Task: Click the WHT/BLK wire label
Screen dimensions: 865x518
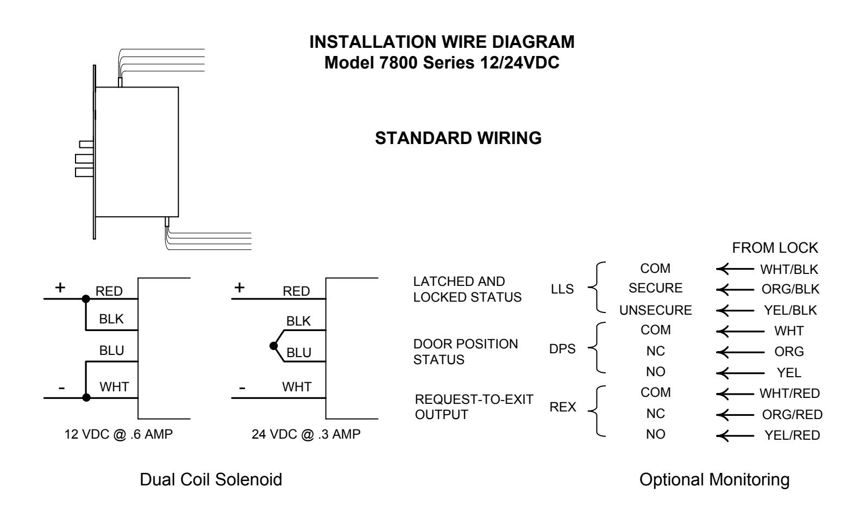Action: pyautogui.click(x=789, y=269)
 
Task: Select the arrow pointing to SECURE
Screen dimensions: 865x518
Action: pyautogui.click(x=735, y=290)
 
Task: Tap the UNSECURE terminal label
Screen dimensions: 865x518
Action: pyautogui.click(x=655, y=310)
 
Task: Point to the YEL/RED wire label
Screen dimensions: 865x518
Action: pyautogui.click(x=792, y=435)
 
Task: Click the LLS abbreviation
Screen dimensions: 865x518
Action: pyautogui.click(x=562, y=289)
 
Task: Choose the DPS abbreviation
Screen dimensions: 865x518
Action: pyautogui.click(x=562, y=349)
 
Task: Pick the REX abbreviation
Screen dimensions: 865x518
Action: pyautogui.click(x=563, y=407)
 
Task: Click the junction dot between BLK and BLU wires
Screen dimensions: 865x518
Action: pyautogui.click(x=274, y=346)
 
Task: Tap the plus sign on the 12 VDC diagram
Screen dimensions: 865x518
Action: pyautogui.click(x=60, y=288)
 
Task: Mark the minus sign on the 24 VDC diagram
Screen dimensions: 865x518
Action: pyautogui.click(x=242, y=388)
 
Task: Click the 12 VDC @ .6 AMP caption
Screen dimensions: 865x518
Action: pyautogui.click(x=118, y=434)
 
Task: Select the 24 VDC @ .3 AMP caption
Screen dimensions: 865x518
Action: pyautogui.click(x=306, y=434)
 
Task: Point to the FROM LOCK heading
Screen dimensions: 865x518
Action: pyautogui.click(x=775, y=248)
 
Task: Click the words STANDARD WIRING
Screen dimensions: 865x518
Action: pyautogui.click(x=459, y=138)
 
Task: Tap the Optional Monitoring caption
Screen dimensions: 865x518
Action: pyautogui.click(x=714, y=480)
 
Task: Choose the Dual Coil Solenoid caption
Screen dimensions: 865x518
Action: pyautogui.click(x=211, y=480)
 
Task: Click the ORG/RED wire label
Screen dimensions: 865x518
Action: pyautogui.click(x=792, y=415)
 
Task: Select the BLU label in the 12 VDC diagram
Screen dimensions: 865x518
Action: pyautogui.click(x=111, y=351)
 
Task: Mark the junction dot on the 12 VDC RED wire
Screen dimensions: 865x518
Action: pyautogui.click(x=86, y=299)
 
